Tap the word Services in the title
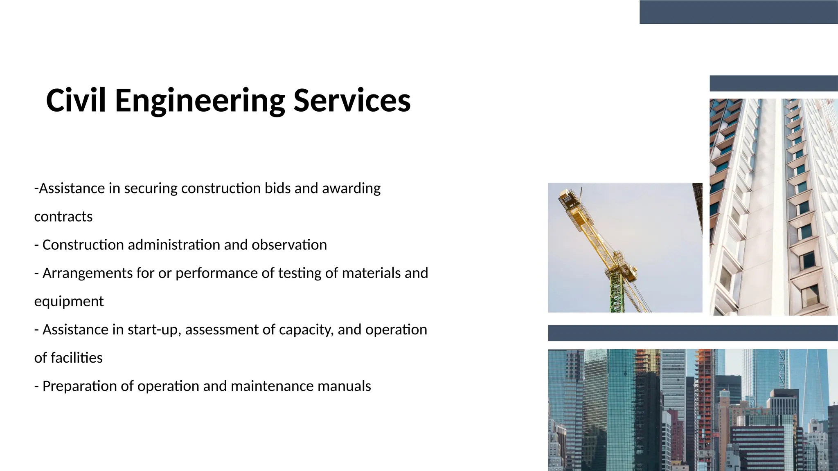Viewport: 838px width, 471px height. pyautogui.click(x=352, y=101)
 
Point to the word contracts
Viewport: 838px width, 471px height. pyautogui.click(x=63, y=217)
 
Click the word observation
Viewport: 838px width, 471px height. pyautogui.click(x=289, y=245)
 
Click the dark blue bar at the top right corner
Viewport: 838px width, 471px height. pyautogui.click(x=739, y=12)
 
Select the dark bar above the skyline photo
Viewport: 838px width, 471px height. pyautogui.click(x=692, y=333)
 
